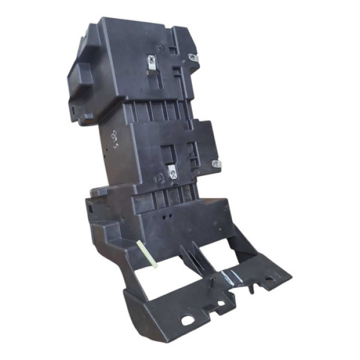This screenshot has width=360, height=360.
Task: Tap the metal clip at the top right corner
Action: coord(193,58)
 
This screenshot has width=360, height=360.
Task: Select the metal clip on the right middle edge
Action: coord(217,163)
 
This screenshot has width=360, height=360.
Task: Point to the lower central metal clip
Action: coord(172,173)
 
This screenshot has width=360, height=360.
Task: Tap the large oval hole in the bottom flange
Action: coord(188,320)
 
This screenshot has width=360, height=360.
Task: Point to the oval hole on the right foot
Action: coord(263,279)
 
